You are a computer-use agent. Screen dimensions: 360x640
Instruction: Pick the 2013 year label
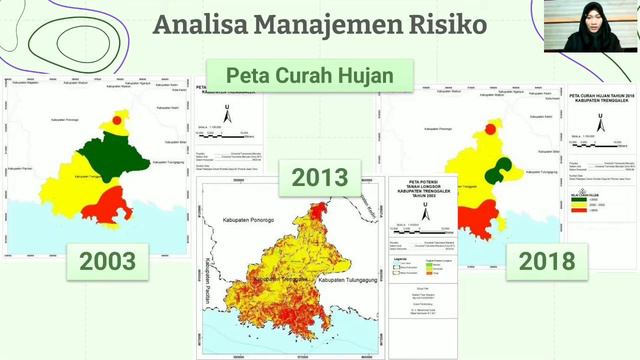tap(320, 178)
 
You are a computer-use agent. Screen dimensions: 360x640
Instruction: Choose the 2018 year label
tap(547, 261)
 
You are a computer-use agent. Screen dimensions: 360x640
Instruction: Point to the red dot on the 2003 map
tap(117, 120)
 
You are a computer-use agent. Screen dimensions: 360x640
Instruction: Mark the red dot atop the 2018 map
tap(490, 128)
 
